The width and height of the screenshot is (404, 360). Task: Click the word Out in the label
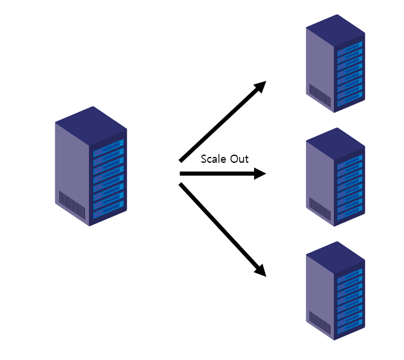(239, 159)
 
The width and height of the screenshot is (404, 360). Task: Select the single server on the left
(91, 166)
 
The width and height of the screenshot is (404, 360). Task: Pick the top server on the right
(335, 63)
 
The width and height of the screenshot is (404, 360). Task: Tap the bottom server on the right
(335, 291)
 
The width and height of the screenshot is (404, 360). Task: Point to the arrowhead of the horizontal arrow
(261, 174)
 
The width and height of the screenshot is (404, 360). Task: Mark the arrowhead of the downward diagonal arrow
(261, 271)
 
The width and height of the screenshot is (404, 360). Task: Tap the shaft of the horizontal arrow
(216, 174)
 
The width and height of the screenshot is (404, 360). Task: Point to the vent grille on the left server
(72, 205)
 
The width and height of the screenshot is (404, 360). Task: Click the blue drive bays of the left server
(108, 174)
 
